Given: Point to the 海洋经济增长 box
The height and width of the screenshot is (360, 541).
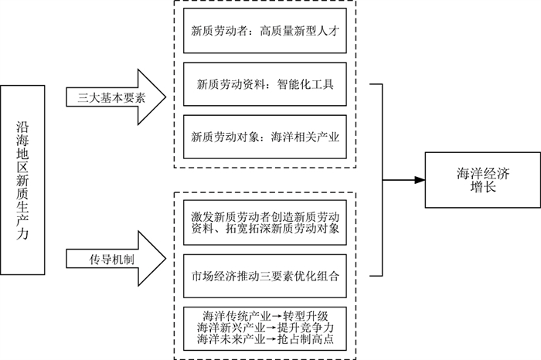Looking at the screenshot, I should pyautogui.click(x=483, y=179).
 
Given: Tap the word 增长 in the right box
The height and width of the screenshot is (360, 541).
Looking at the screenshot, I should pyautogui.click(x=483, y=188).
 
